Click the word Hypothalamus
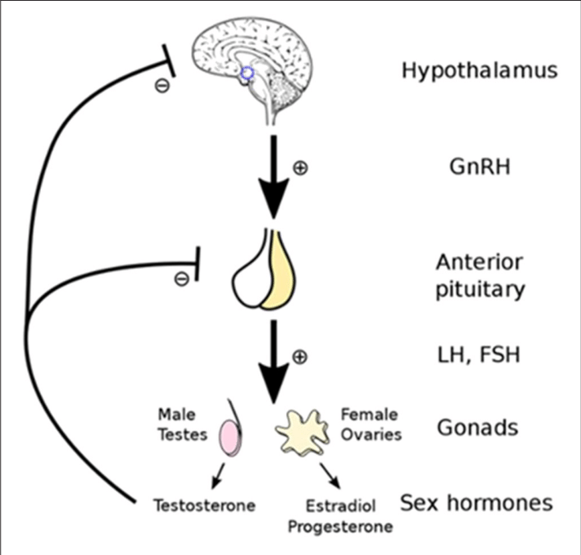(x=479, y=70)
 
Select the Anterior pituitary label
(x=479, y=276)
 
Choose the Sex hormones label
(x=476, y=502)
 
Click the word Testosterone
(x=204, y=505)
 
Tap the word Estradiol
(x=348, y=505)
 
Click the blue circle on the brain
(x=247, y=73)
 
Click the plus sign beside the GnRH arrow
(x=299, y=168)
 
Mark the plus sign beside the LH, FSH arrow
(x=299, y=357)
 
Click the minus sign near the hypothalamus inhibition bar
(x=161, y=85)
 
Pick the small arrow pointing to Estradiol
(x=332, y=477)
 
